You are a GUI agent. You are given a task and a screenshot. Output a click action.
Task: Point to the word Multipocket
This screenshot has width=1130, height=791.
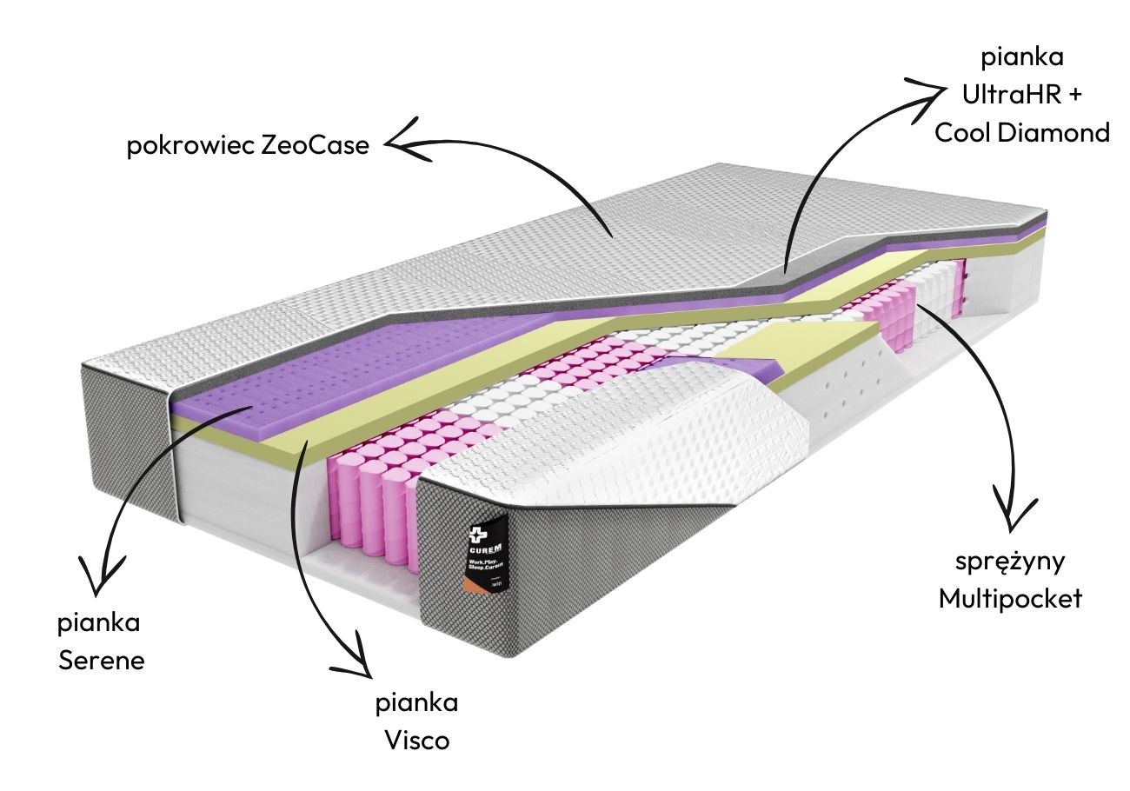1010,598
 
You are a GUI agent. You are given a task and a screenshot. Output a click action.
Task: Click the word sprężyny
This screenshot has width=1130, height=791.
1010,562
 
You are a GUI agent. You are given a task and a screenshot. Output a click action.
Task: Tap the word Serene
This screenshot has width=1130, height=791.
101,660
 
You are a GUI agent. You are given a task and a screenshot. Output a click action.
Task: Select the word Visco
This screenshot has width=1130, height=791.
416,741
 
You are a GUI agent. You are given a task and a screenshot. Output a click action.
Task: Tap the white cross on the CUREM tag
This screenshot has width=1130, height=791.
477,532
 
